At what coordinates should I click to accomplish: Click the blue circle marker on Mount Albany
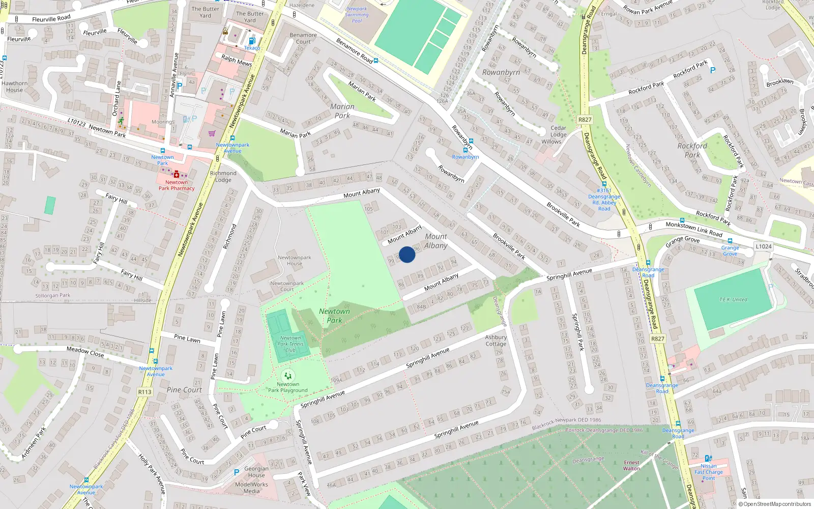tap(407, 254)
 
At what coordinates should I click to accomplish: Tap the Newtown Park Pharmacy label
tap(177, 185)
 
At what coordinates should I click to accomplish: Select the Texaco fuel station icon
tap(251, 41)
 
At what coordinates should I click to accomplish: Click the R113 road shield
tap(144, 392)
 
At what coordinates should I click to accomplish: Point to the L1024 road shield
tap(763, 246)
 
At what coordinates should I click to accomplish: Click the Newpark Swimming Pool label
tap(357, 15)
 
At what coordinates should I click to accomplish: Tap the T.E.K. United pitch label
tap(733, 300)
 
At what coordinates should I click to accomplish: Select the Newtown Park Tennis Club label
tap(290, 344)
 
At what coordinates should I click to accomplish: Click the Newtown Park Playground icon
tap(288, 376)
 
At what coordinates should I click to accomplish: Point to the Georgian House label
tap(256, 472)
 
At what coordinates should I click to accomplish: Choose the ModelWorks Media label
tap(251, 488)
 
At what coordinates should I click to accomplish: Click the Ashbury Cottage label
tap(496, 341)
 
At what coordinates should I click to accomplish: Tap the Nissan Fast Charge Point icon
tap(708, 459)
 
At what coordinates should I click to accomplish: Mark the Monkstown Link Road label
tap(694, 229)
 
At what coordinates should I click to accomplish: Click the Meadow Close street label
tap(85, 351)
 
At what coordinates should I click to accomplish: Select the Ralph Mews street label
tap(237, 61)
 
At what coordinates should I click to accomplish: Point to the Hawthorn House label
tap(15, 87)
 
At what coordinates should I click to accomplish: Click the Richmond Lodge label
tap(223, 176)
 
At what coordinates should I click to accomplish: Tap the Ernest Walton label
tap(631, 465)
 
